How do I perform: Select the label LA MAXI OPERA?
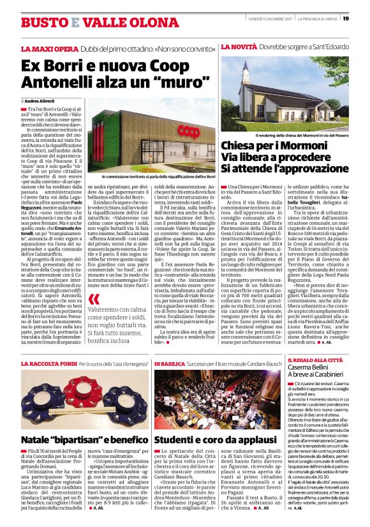[43, 49]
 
